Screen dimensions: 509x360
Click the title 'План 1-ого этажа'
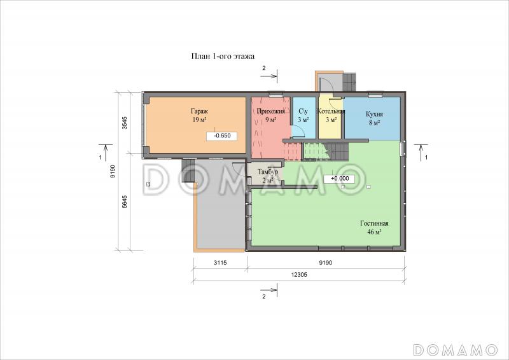click(223, 57)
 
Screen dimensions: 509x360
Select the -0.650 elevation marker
click(221, 136)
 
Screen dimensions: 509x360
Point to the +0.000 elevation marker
click(339, 179)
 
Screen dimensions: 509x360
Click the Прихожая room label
click(271, 112)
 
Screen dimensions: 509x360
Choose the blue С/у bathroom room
click(303, 118)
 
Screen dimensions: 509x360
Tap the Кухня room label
click(374, 114)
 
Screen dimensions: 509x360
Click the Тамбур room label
click(267, 172)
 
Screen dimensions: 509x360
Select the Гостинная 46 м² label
click(374, 228)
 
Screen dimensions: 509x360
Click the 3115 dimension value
click(220, 263)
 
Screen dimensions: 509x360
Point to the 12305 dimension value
click(299, 275)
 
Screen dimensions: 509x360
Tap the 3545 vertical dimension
click(124, 123)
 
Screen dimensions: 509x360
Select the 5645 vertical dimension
click(124, 202)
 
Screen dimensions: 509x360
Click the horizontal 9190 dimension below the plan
click(325, 263)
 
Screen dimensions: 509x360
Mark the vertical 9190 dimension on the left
click(113, 171)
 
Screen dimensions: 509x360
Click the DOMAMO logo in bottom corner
click(455, 350)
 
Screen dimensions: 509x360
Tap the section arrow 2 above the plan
click(268, 73)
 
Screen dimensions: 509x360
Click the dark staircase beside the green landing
click(340, 152)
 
